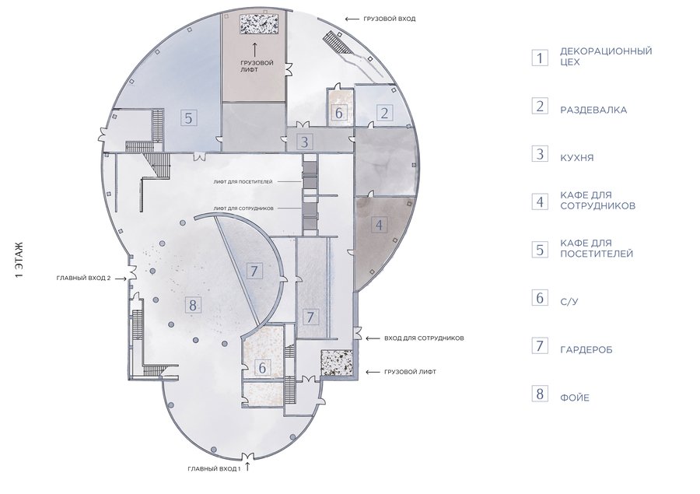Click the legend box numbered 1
540,58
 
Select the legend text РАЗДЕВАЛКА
593,110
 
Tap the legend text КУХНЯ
577,158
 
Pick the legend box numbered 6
540,297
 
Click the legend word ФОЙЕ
575,398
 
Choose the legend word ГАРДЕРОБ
586,349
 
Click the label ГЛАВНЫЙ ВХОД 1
215,469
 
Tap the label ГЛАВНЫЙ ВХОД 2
83,278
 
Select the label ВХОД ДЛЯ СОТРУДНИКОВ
424,338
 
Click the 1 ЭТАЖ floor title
19,260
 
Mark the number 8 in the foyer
192,306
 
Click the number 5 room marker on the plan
188,118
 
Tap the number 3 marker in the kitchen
304,142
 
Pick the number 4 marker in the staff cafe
379,225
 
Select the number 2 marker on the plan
384,113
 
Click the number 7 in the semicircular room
254,272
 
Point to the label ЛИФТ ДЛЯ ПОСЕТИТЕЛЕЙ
243,182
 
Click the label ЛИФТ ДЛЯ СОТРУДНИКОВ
243,208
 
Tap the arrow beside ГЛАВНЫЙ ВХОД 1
248,468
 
